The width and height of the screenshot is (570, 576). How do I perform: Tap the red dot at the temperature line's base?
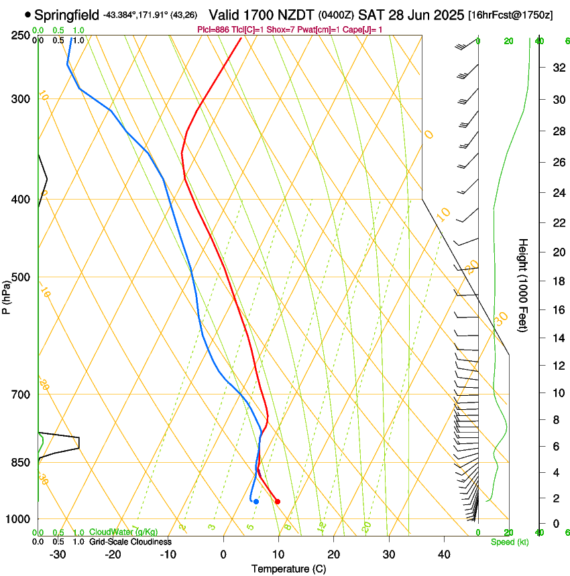(278, 501)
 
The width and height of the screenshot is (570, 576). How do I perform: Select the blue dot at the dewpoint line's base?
(256, 502)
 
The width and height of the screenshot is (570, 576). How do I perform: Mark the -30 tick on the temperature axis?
(58, 554)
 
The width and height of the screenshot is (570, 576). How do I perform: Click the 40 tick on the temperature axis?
(444, 554)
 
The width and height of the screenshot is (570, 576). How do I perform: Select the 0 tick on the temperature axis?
(223, 554)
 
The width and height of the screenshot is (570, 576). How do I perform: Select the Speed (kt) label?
(509, 541)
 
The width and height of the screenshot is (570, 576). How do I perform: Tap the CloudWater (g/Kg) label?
(123, 532)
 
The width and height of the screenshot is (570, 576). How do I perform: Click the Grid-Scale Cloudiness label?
(130, 541)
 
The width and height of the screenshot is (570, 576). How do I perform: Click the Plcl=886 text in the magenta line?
(213, 29)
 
